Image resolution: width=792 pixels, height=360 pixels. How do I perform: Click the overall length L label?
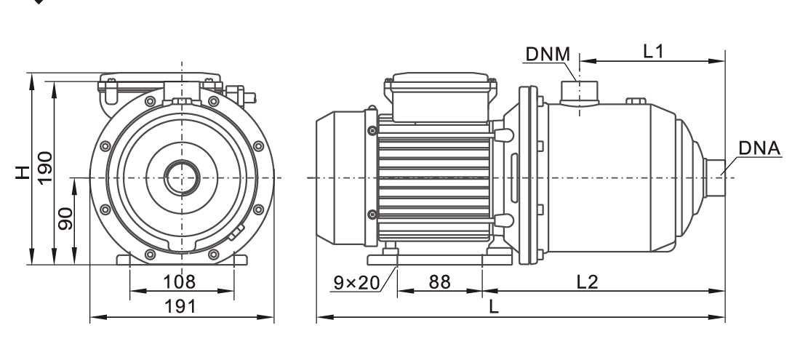point(495,308)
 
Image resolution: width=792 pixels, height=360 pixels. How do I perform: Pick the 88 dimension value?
point(439,281)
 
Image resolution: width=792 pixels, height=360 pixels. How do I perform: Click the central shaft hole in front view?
point(181,177)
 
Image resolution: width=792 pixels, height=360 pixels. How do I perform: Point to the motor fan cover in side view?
point(340,178)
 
